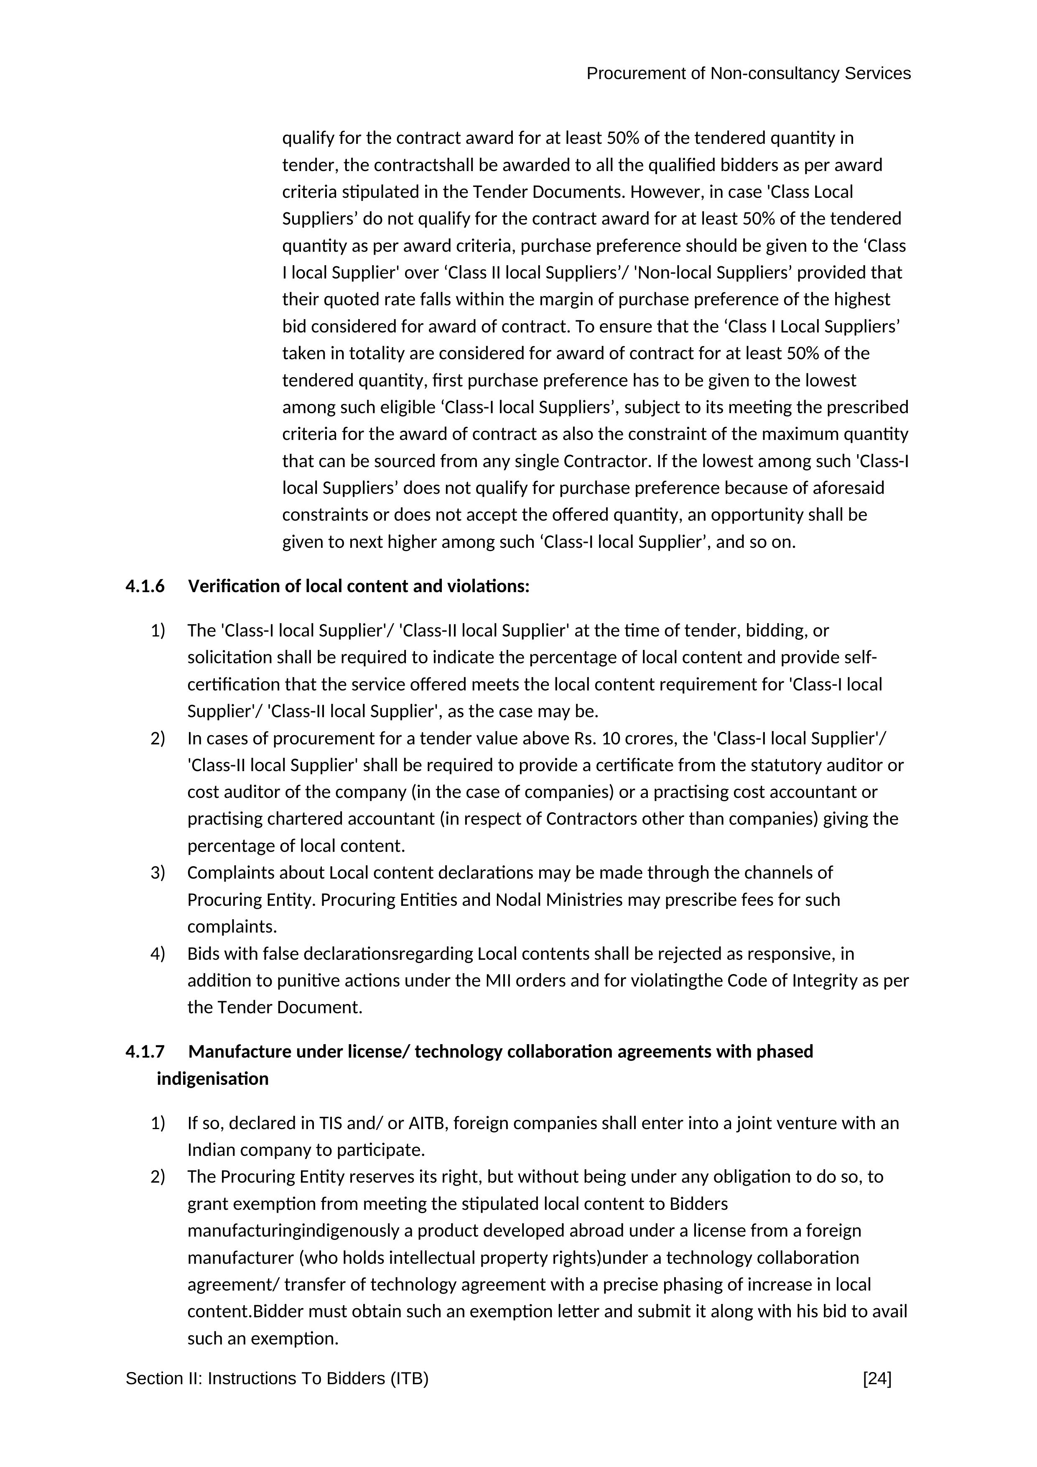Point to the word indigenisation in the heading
(213, 1079)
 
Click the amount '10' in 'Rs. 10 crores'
(611, 739)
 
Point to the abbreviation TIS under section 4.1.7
(332, 1123)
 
